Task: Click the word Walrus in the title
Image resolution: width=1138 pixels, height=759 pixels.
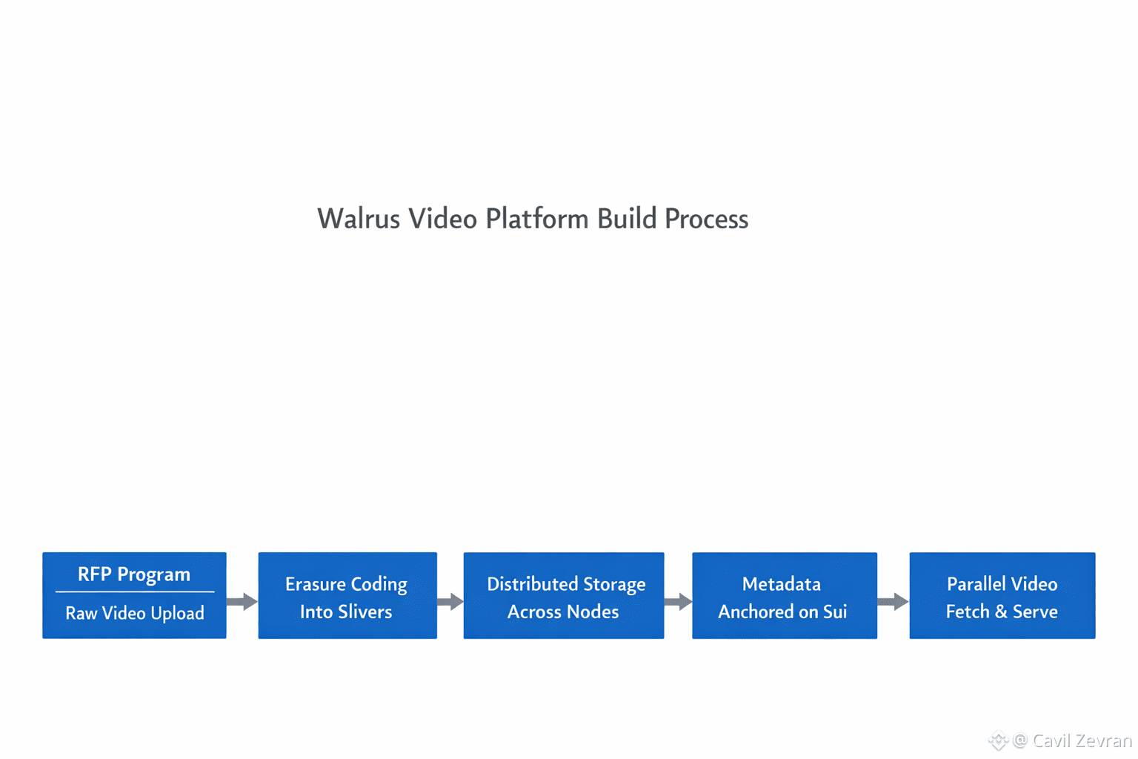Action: (x=359, y=219)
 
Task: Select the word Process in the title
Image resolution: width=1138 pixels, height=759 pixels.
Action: (x=706, y=219)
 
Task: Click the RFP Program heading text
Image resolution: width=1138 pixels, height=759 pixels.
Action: (x=134, y=574)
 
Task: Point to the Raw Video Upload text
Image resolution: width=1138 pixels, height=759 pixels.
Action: (x=135, y=613)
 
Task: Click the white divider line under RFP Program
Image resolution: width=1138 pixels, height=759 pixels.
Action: (x=135, y=591)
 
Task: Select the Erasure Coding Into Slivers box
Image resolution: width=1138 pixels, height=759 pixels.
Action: (x=347, y=595)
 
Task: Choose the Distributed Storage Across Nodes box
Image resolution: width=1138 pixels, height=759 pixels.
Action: (x=564, y=595)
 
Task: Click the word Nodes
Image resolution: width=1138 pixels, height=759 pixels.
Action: (x=590, y=612)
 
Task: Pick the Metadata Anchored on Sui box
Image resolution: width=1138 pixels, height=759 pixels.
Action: (x=785, y=595)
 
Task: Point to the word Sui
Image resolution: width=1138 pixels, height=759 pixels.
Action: (x=835, y=612)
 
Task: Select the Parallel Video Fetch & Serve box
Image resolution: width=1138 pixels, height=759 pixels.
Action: (x=1002, y=595)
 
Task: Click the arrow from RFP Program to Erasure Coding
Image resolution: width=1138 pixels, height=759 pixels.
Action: (x=242, y=601)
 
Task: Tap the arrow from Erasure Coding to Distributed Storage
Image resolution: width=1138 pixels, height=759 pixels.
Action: (x=450, y=601)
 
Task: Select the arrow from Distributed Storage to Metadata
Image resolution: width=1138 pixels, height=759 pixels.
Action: (x=678, y=601)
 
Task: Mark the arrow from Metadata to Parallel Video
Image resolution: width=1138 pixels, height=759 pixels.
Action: (x=894, y=601)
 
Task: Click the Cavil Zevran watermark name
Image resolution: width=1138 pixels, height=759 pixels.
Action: (x=1082, y=740)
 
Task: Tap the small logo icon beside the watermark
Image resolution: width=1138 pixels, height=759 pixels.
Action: (x=998, y=740)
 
